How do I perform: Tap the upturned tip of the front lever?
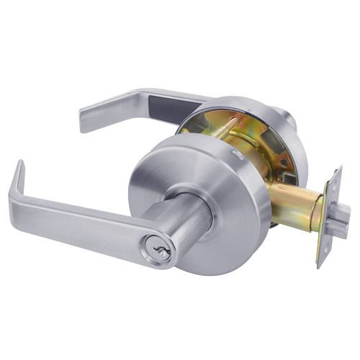click(x=19, y=176)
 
